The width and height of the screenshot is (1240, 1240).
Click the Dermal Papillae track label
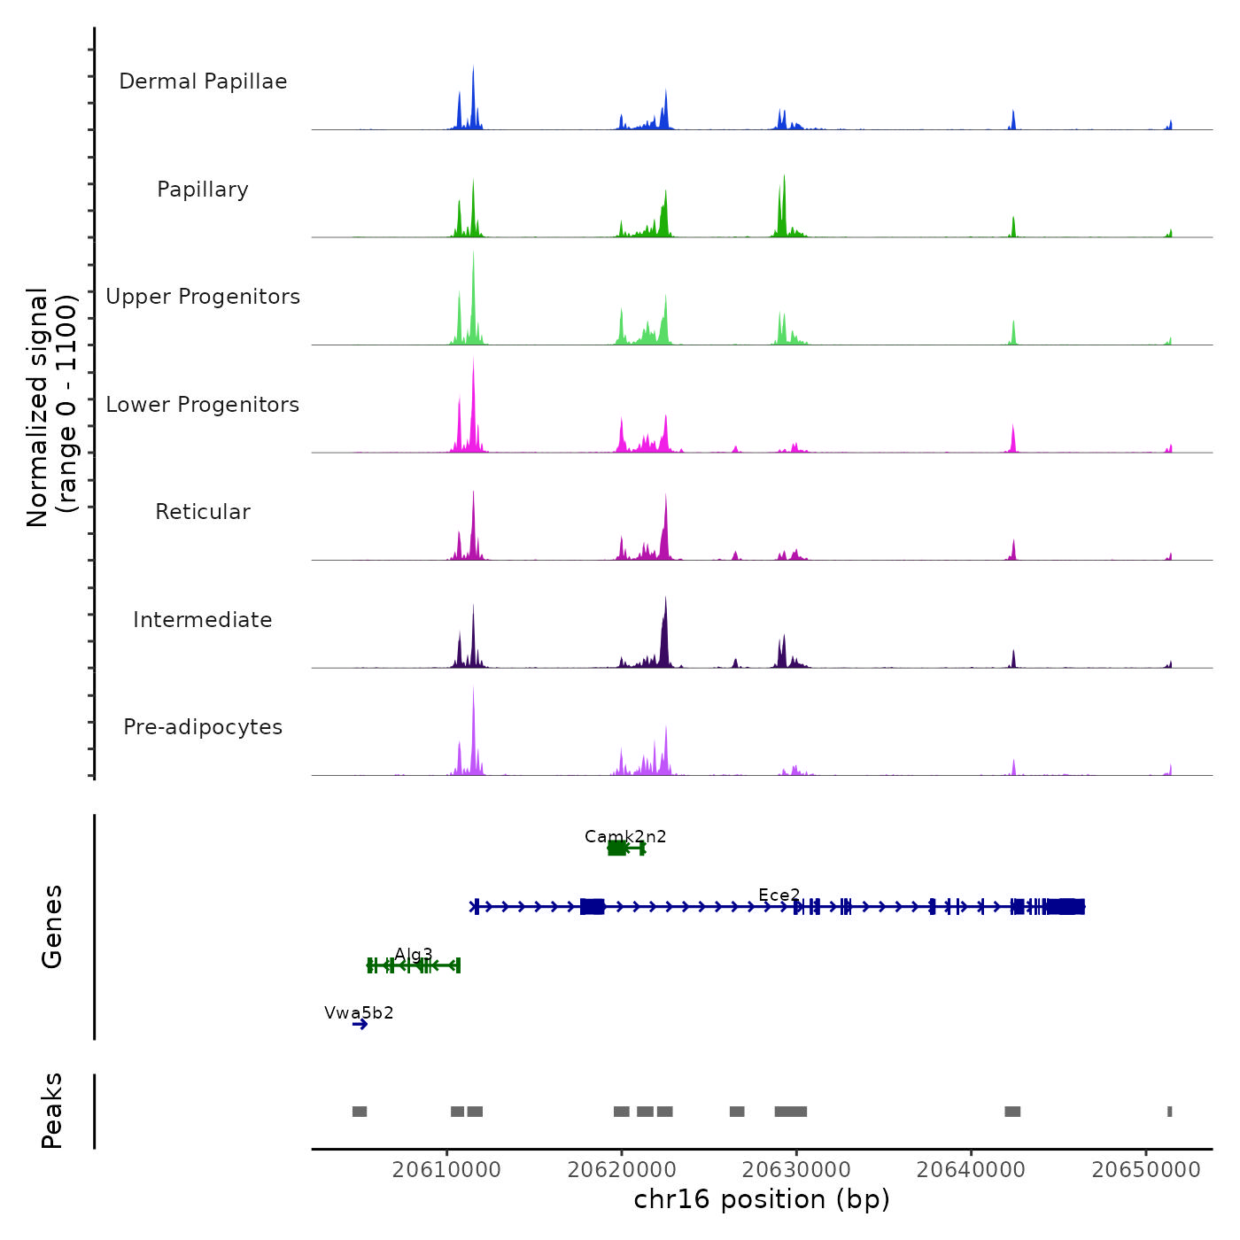point(203,81)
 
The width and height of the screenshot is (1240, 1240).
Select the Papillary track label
point(203,190)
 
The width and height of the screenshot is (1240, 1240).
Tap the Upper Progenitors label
point(203,297)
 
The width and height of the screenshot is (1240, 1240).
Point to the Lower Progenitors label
point(203,405)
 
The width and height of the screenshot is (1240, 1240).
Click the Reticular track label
point(203,512)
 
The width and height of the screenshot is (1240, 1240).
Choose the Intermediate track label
point(203,620)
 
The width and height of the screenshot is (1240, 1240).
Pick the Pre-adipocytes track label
point(203,727)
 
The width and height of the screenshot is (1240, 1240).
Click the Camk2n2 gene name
point(625,836)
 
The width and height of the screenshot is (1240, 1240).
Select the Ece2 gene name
point(779,895)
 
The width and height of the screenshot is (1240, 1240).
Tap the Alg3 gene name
point(414,954)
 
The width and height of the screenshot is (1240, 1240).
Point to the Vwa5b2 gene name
point(359,1012)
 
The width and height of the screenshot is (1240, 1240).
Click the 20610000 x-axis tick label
point(446,1170)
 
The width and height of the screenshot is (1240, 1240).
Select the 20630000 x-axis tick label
point(796,1170)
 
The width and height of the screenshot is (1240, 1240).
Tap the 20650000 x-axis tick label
point(1146,1170)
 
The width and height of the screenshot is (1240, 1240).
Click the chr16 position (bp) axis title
point(762,1199)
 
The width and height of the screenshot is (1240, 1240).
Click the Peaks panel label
point(52,1111)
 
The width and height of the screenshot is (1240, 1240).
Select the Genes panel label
point(52,926)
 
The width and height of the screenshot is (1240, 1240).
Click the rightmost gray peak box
point(1170,1112)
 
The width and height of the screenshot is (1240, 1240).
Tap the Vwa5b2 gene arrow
point(360,1025)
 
